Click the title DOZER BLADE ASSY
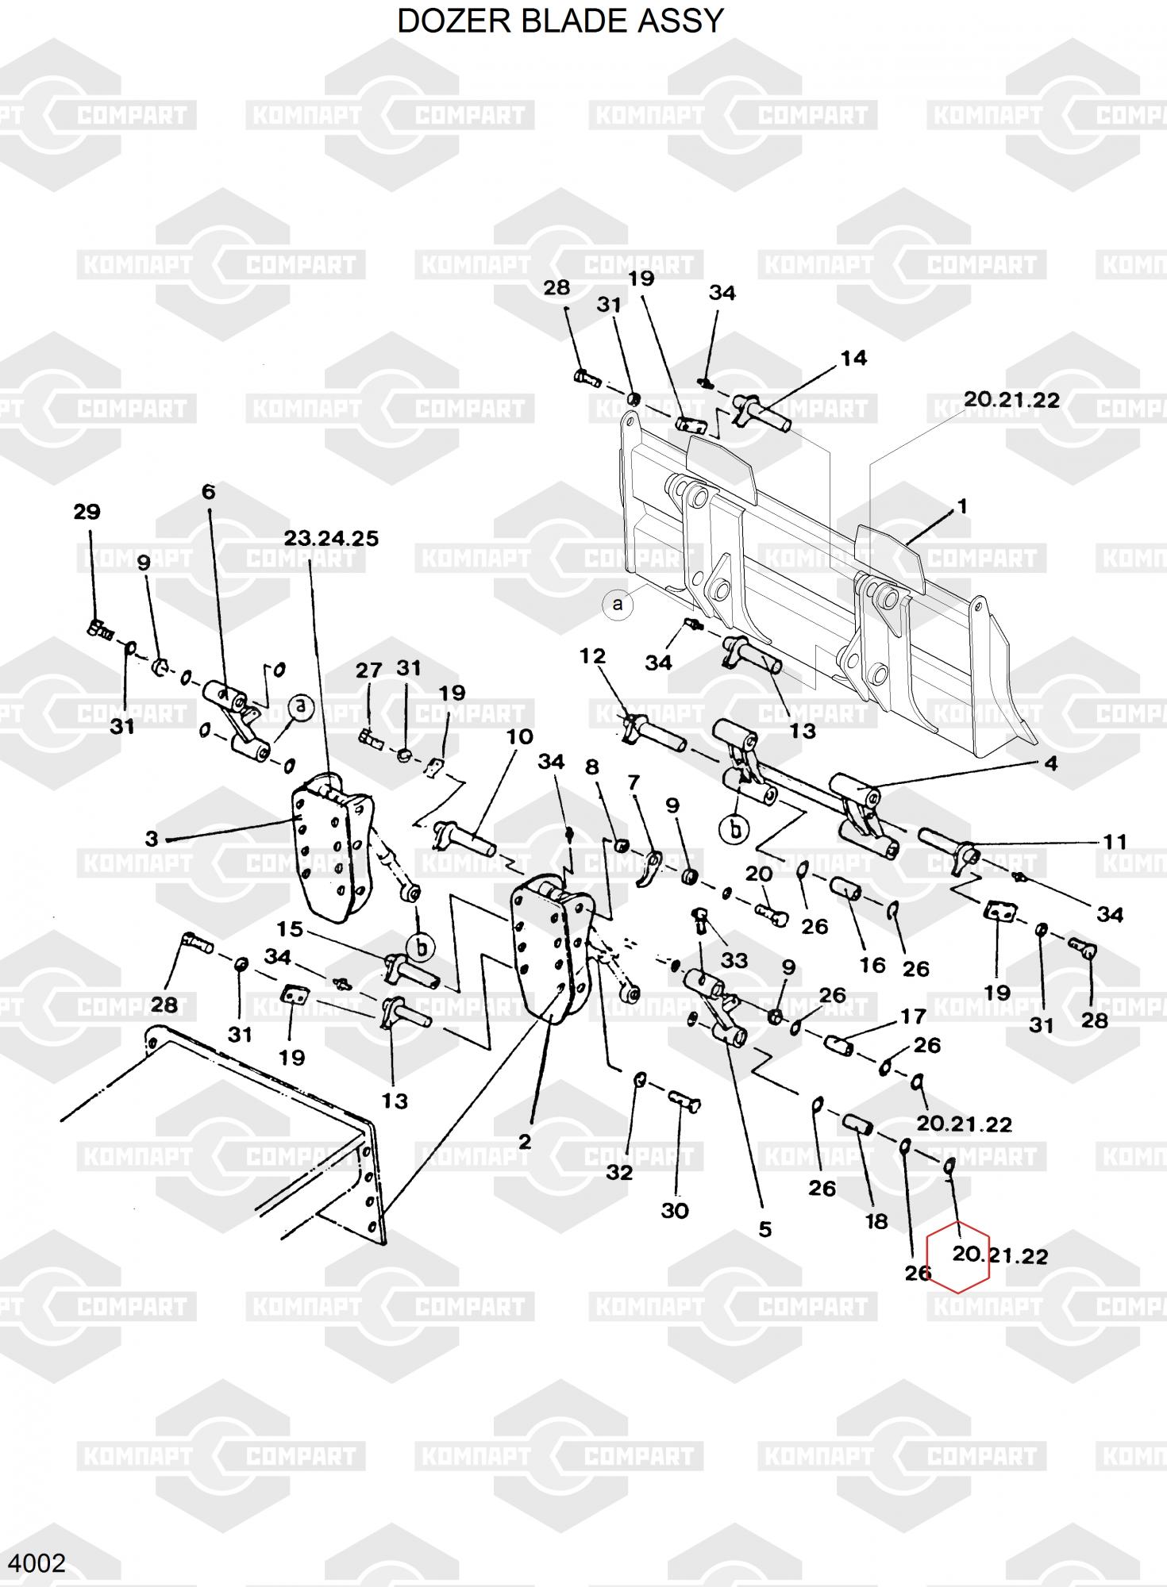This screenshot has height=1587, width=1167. [560, 21]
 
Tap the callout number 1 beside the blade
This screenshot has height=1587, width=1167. [962, 506]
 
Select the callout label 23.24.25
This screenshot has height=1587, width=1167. [331, 539]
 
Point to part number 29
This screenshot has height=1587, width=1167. [87, 512]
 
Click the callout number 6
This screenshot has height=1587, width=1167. [208, 492]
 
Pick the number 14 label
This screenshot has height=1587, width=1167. [853, 359]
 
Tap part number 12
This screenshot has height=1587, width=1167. [592, 656]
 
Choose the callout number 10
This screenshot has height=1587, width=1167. [519, 737]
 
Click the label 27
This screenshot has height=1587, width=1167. [368, 671]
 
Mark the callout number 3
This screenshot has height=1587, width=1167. [152, 839]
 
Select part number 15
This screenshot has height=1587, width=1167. [290, 928]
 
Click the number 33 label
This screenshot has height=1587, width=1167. [734, 960]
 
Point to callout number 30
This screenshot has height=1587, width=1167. [674, 1211]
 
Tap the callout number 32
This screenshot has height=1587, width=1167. [619, 1172]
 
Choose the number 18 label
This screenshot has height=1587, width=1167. [876, 1222]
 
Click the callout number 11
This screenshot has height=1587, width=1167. [1115, 841]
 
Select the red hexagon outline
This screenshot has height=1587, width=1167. [958, 1258]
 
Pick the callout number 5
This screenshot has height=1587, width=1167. [765, 1229]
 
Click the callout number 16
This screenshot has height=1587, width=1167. [872, 965]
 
